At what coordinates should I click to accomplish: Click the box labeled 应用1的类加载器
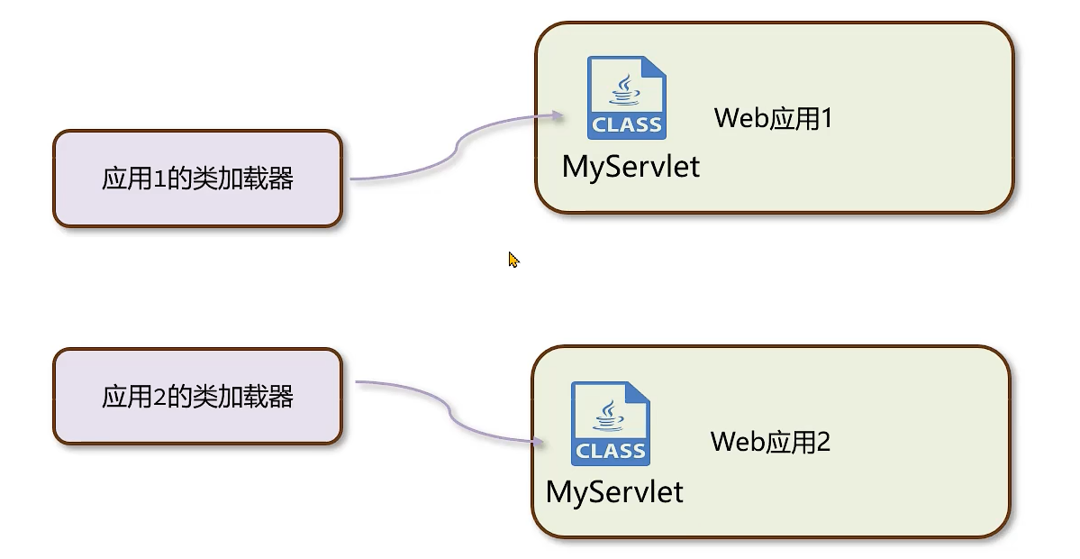[x=197, y=179]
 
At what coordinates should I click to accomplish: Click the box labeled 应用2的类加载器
[x=197, y=397]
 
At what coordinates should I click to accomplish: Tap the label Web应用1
[x=773, y=118]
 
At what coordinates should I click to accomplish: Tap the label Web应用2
[x=769, y=442]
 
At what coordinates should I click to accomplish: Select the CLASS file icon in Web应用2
[x=611, y=423]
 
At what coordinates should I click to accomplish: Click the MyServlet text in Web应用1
[x=631, y=167]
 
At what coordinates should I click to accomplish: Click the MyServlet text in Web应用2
[x=614, y=491]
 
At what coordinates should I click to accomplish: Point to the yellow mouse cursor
[x=513, y=259]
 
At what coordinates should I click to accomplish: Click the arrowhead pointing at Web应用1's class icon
[x=558, y=115]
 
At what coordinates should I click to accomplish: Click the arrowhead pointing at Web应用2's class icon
[x=540, y=442]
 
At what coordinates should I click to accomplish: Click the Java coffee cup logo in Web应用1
[x=624, y=89]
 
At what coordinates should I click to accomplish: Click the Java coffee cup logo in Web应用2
[x=608, y=415]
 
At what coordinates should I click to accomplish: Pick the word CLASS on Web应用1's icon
[x=627, y=124]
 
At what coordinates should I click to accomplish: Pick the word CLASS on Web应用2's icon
[x=611, y=450]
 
